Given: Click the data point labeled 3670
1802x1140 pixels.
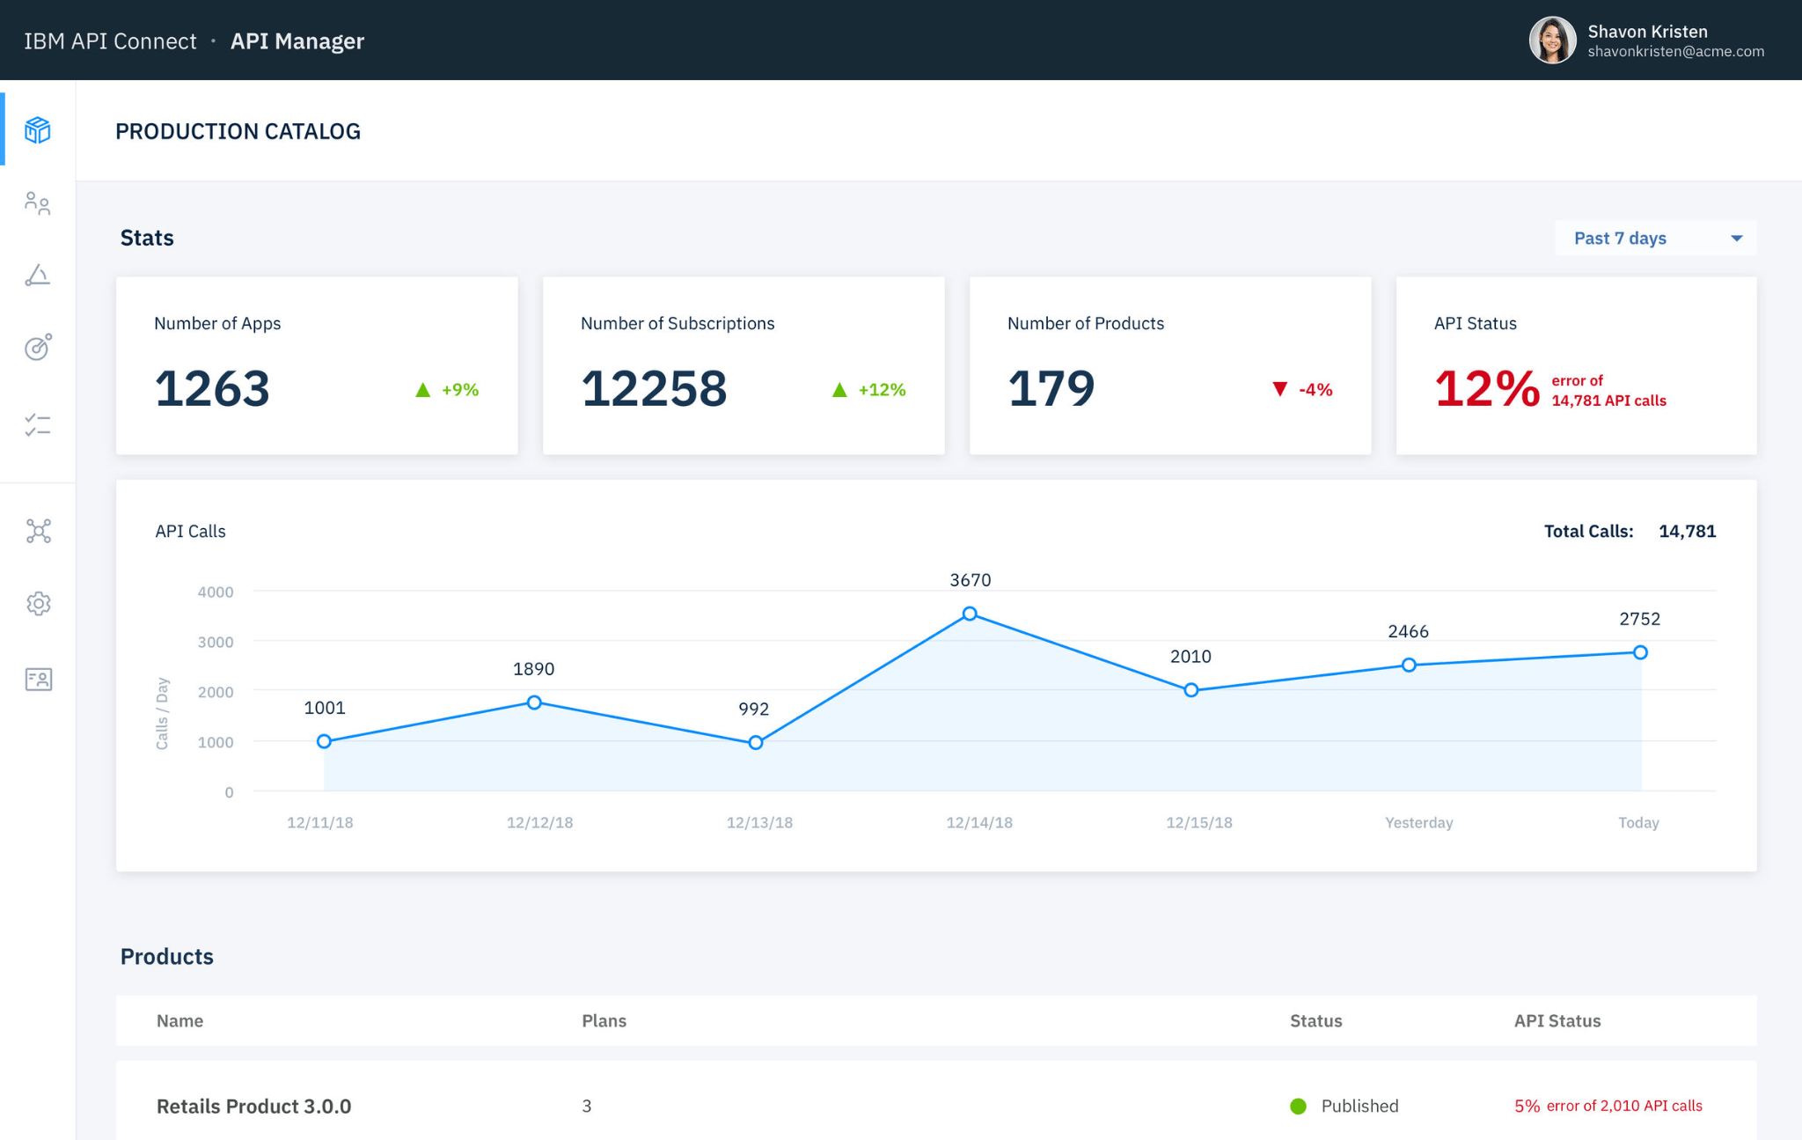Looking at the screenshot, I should (970, 614).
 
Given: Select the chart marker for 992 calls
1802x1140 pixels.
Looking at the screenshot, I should (756, 743).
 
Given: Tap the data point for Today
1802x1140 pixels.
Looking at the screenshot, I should (1640, 652).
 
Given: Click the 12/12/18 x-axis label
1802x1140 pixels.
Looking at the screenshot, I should (539, 822).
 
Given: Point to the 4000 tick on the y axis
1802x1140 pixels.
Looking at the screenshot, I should (216, 592).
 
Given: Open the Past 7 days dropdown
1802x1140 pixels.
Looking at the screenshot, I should (1656, 238).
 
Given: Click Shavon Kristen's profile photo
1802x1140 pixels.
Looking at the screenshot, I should (1552, 40).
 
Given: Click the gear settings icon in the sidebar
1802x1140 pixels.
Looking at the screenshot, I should (38, 604).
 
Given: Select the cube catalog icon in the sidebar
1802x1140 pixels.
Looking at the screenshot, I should (38, 130).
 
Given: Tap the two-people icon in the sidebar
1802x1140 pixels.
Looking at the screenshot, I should (38, 203).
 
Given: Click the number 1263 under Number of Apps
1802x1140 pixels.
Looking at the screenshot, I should (212, 388).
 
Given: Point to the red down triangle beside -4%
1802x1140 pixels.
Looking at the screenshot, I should (1280, 389).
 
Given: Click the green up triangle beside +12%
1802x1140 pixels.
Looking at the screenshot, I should (839, 389).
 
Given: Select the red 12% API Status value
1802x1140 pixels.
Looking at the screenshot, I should (1487, 388).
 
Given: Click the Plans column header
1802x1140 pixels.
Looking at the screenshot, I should (604, 1020).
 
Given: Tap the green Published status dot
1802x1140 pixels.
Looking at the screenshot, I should (1298, 1107).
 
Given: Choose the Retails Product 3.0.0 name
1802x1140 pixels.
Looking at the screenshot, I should (253, 1107).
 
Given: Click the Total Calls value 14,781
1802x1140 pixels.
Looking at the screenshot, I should (1687, 531).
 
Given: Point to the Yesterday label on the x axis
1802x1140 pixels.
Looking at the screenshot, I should (1418, 822).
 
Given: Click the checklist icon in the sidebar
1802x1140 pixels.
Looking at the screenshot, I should (38, 425).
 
